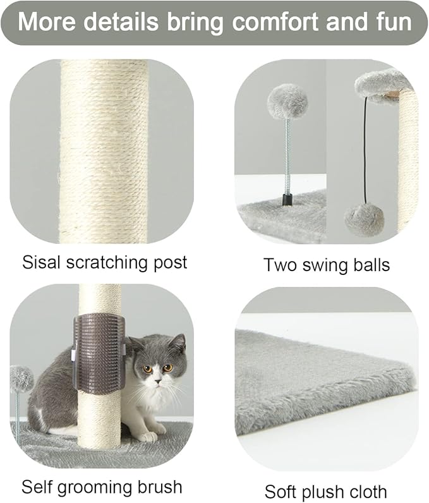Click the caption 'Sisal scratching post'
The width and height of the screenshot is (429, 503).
(x=105, y=262)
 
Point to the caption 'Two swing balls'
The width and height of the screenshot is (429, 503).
(x=326, y=265)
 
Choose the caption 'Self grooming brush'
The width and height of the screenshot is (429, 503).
(x=102, y=487)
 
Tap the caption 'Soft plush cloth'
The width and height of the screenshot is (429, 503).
(x=325, y=491)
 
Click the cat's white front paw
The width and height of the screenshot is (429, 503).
(x=147, y=436)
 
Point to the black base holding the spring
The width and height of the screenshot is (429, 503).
(x=287, y=201)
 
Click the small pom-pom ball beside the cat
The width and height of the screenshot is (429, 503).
(x=21, y=378)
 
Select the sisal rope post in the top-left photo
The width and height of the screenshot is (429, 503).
(x=104, y=152)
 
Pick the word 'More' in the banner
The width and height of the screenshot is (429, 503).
(x=49, y=23)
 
